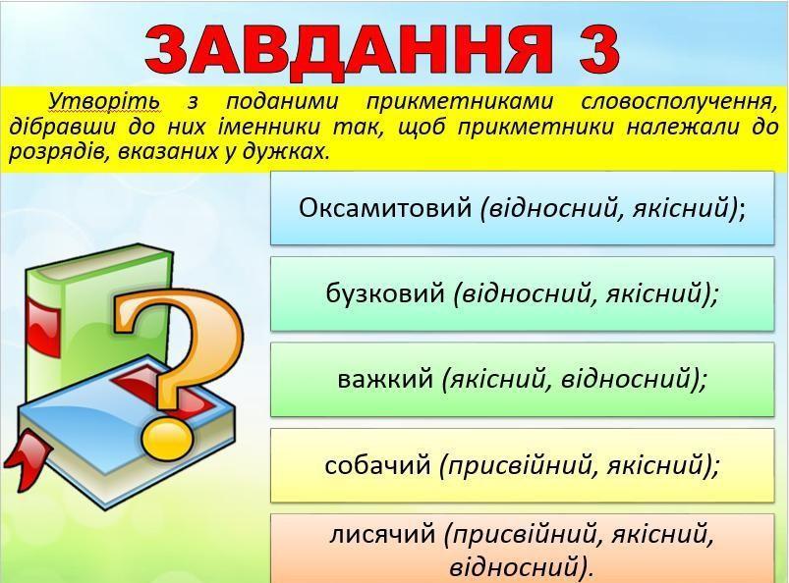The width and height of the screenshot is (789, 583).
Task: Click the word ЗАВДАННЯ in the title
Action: click(x=348, y=50)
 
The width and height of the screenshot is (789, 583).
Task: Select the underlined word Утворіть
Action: click(x=105, y=102)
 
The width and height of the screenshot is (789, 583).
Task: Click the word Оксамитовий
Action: click(x=385, y=207)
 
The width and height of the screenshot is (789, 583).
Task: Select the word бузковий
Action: click(x=385, y=293)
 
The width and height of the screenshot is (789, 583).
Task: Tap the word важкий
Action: click(x=385, y=379)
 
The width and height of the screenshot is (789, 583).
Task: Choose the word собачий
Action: click(x=377, y=464)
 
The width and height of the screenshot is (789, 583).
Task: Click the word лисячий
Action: click(x=382, y=534)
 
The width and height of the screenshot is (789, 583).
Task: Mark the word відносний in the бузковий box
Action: click(x=526, y=294)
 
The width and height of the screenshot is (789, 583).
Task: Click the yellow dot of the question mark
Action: click(x=167, y=439)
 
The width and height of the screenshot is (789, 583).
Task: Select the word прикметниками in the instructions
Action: click(x=460, y=102)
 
